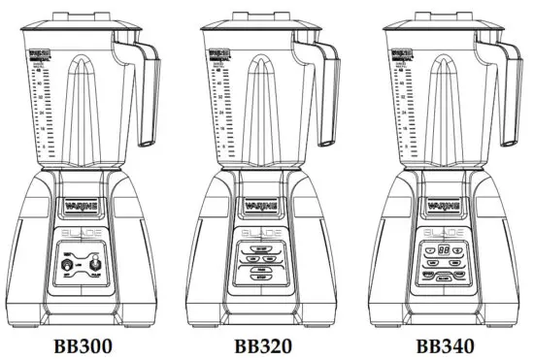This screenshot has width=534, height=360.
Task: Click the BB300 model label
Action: (x=83, y=344)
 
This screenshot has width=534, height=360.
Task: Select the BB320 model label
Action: (x=265, y=344)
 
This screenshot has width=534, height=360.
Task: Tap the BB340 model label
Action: (x=447, y=344)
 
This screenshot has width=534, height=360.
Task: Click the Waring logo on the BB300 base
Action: (x=83, y=206)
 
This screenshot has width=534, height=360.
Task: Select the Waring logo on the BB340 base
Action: (x=447, y=206)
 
